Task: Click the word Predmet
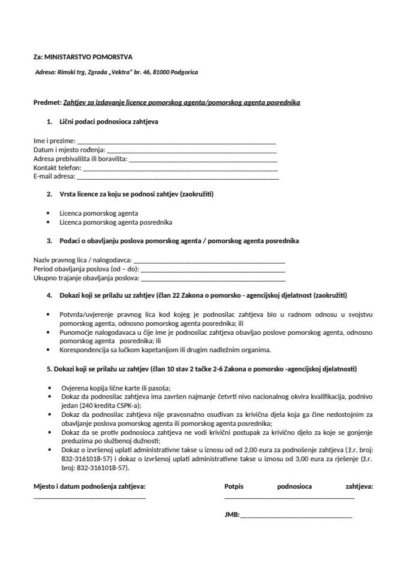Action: tap(47, 102)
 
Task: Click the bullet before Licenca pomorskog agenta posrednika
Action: tap(48, 222)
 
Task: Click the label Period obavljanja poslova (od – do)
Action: tap(86, 270)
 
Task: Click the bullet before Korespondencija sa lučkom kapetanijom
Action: tap(48, 350)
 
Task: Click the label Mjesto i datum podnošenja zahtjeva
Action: tap(89, 487)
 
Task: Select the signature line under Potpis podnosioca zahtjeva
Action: tap(289, 498)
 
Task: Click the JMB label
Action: tap(231, 515)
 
